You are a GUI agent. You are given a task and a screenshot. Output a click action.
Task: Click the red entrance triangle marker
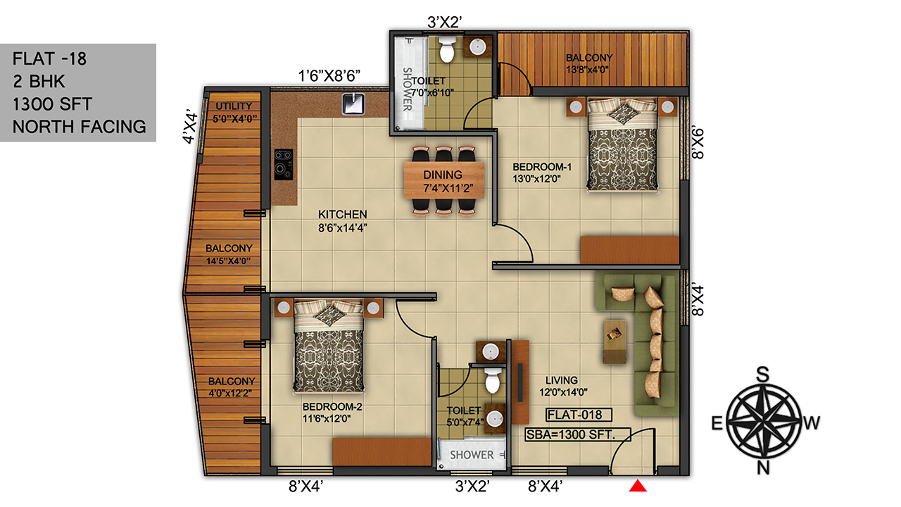pos(638,486)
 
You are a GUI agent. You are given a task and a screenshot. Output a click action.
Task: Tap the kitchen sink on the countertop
pos(353,104)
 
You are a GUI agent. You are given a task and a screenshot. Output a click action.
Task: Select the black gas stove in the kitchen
pos(284,165)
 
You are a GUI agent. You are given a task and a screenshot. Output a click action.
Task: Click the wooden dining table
pos(443,180)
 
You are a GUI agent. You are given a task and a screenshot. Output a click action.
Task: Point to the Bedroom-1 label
pos(542,173)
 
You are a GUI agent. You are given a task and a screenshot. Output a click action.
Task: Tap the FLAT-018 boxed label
pos(579,415)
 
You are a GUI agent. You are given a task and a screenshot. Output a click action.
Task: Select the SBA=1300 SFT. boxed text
pos(578,434)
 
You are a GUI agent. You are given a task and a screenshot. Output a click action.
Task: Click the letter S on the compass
pos(762,375)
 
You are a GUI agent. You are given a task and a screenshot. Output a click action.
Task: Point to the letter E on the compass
pos(717,423)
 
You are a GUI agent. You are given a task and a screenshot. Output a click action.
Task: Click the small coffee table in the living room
pos(615,342)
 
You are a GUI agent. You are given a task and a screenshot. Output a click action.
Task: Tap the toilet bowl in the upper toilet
pos(447,49)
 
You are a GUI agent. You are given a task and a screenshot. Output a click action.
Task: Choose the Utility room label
pos(234,112)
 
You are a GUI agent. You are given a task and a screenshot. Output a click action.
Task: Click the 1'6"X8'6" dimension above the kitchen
pos(329,75)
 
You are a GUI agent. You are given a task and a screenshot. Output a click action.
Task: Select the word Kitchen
pos(343,214)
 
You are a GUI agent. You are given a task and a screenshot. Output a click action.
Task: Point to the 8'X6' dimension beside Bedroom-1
pos(698,144)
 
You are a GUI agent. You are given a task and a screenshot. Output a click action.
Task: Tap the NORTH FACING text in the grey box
pos(80,127)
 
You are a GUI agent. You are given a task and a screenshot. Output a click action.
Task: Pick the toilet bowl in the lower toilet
pos(492,380)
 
